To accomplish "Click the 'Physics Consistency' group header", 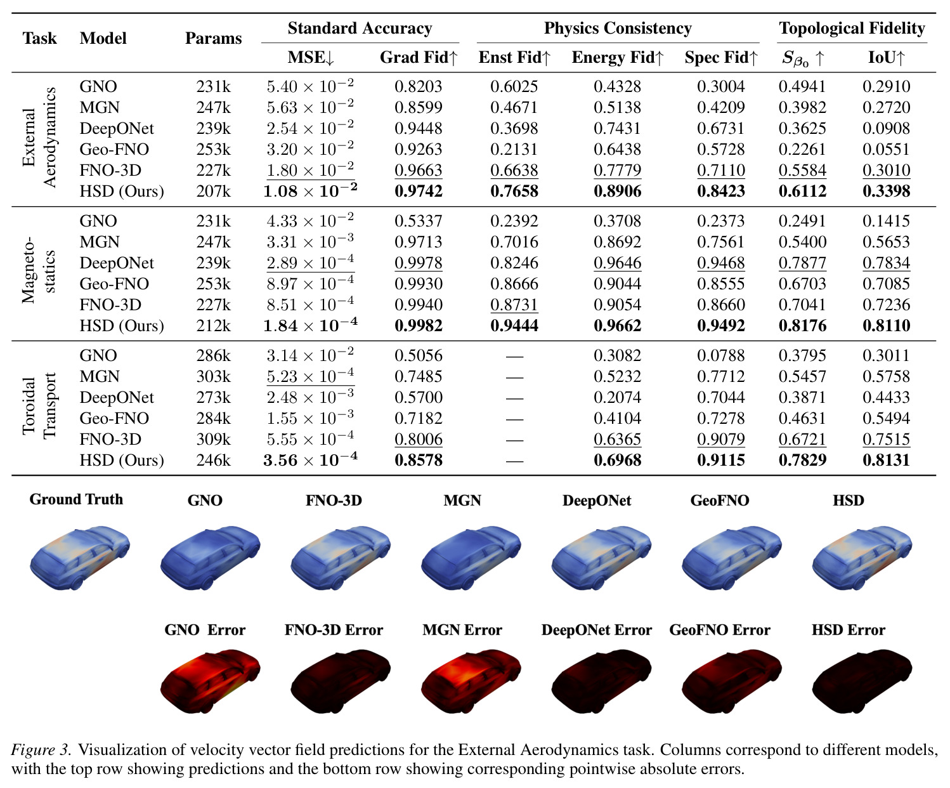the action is point(618,28).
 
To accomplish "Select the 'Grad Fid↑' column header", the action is point(419,57).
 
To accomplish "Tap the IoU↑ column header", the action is point(887,57).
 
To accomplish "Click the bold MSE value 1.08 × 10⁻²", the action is point(310,190).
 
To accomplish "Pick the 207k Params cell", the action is point(213,191).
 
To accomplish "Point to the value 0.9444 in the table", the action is point(514,325).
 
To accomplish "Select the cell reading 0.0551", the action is point(887,149).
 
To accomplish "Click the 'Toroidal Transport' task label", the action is point(39,406).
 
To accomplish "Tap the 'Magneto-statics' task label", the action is point(39,270).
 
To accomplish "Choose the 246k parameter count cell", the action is point(213,460).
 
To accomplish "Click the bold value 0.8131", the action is point(887,460).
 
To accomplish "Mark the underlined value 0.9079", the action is point(720,439).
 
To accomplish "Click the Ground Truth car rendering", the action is point(80,559).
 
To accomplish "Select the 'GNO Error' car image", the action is point(210,681).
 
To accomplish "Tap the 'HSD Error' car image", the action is point(862,681).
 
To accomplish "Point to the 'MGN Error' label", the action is point(462,629).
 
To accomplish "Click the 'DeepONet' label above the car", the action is point(597,501).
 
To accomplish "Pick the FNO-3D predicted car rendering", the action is point(341,559).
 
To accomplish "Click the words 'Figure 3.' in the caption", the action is point(41,749).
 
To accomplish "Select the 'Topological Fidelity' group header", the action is point(852,28).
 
